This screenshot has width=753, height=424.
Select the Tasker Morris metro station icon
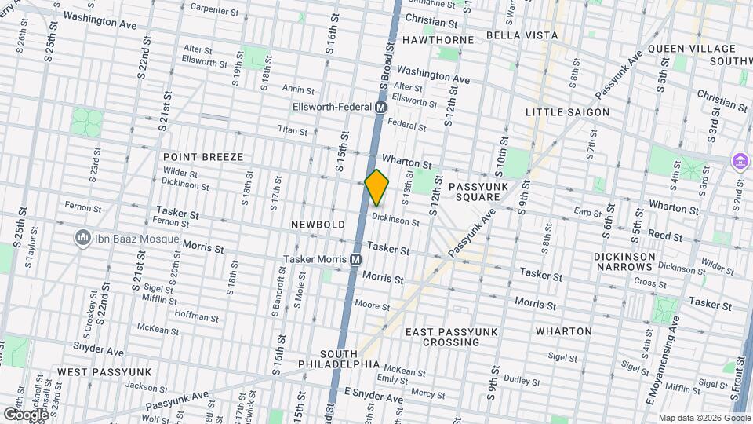(x=355, y=259)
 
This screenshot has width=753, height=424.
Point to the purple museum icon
(x=739, y=161)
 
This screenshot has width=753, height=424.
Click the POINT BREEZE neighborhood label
(x=203, y=157)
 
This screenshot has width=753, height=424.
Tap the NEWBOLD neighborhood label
(x=318, y=225)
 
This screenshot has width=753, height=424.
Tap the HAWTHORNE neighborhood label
(x=438, y=39)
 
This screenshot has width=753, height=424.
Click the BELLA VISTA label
(x=522, y=35)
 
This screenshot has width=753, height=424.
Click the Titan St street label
(x=291, y=130)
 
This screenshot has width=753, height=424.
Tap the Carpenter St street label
(x=214, y=10)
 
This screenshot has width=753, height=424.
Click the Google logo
(x=26, y=414)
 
